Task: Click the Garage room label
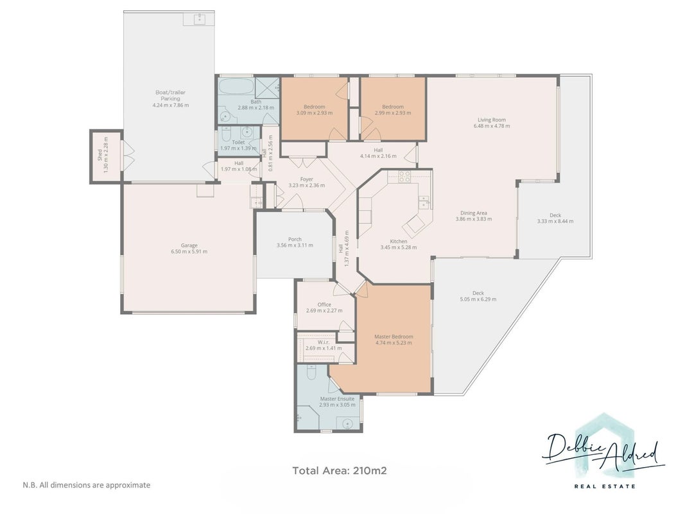189,245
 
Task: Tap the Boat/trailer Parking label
170,95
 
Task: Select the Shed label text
100,155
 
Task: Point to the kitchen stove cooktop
404,176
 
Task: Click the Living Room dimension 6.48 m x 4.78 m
492,126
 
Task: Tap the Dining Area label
474,213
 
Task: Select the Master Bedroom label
394,337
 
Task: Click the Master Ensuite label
337,398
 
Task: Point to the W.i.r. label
324,342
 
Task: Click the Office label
324,304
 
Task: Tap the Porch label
295,239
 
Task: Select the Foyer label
307,179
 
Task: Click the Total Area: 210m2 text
340,471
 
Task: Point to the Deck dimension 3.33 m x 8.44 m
555,221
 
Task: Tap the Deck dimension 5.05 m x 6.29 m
478,299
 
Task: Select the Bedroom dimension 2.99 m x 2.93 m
393,113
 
